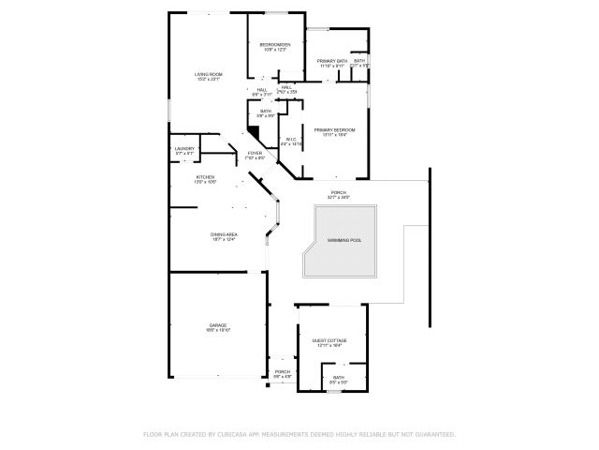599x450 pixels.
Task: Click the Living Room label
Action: tap(208, 74)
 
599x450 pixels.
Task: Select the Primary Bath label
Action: tap(332, 61)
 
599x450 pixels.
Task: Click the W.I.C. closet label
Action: tap(291, 139)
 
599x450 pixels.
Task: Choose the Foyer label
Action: tap(255, 152)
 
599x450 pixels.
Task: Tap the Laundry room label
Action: tap(183, 148)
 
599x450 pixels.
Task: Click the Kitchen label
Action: tap(205, 176)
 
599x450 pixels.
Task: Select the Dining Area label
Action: tap(222, 234)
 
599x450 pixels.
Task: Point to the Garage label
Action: tap(217, 325)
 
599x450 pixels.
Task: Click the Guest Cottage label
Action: tap(329, 339)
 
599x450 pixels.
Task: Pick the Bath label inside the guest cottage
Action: tap(338, 377)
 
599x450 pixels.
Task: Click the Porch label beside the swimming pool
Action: tap(338, 193)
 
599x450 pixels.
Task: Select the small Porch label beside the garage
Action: tap(283, 371)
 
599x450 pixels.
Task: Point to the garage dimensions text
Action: tap(217, 331)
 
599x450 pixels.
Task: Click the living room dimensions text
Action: tap(208, 80)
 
